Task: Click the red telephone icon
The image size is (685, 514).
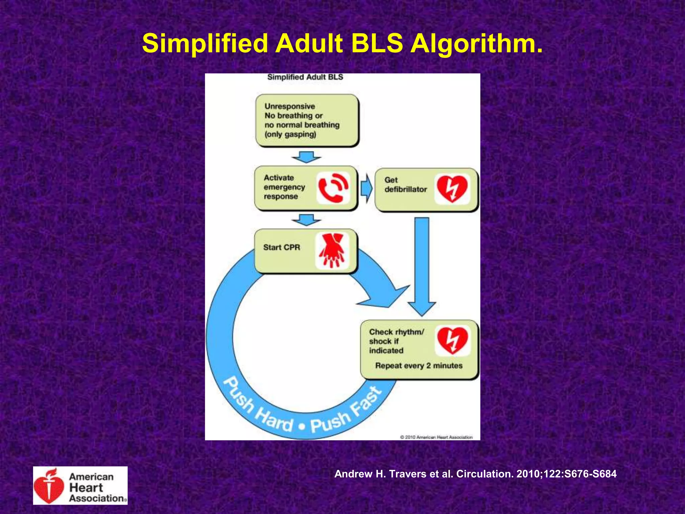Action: click(x=333, y=188)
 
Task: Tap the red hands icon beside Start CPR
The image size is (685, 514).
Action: click(x=332, y=251)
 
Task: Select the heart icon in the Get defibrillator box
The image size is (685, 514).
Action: click(x=452, y=189)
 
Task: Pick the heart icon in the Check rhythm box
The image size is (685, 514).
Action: click(x=452, y=340)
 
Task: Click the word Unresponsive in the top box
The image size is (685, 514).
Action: click(x=290, y=106)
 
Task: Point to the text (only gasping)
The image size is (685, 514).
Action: click(x=290, y=135)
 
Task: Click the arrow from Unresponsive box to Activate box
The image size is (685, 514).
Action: click(x=306, y=157)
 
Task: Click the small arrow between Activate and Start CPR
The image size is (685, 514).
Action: click(x=306, y=220)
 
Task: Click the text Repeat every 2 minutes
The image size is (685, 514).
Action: click(x=419, y=366)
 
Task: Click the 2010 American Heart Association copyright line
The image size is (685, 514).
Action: click(x=436, y=437)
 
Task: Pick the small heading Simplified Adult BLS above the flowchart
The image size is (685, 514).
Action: click(x=305, y=77)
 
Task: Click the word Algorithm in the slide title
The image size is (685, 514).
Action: click(x=476, y=44)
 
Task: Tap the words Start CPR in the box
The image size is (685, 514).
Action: click(x=282, y=247)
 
